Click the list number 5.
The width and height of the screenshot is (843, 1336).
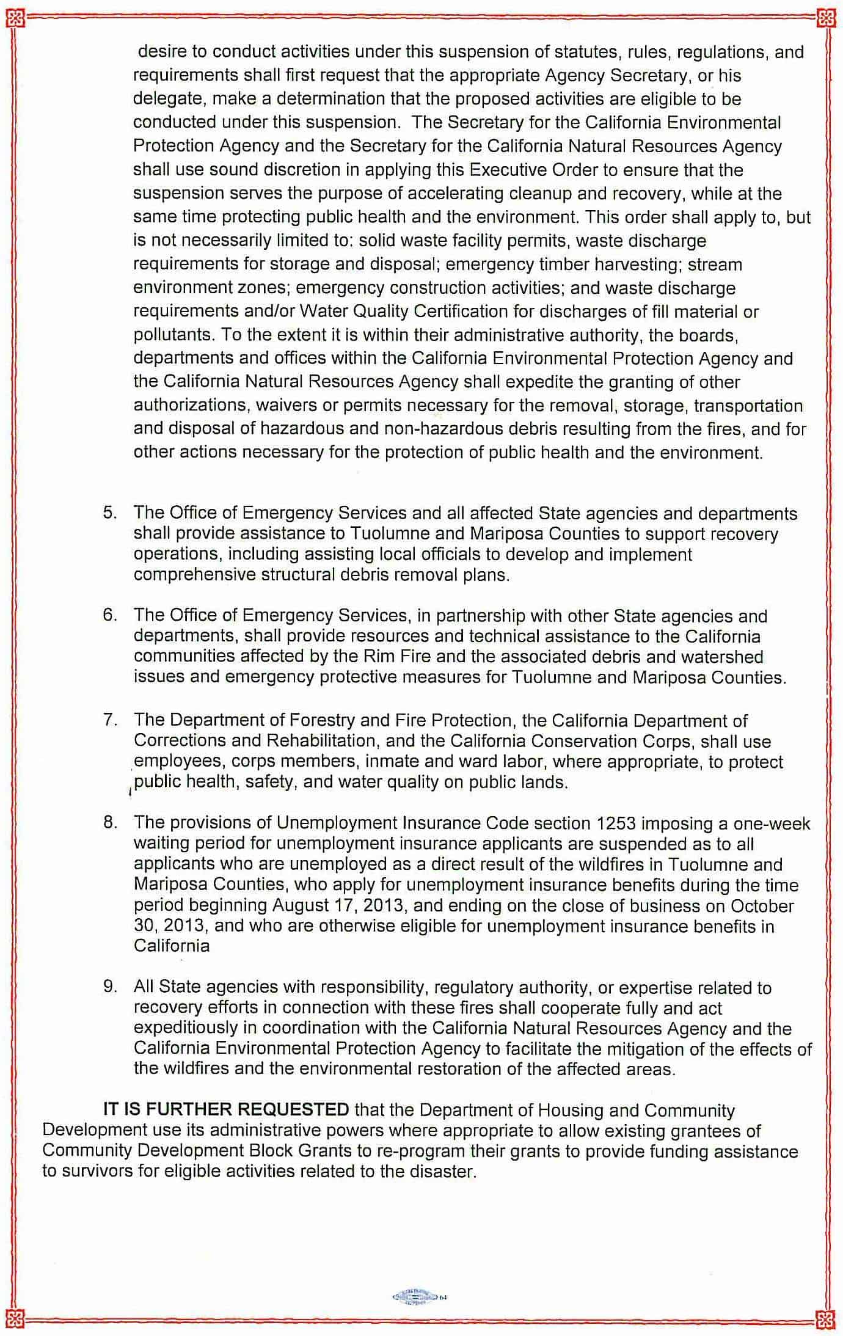pyautogui.click(x=109, y=513)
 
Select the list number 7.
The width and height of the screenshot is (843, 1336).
pyautogui.click(x=109, y=720)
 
